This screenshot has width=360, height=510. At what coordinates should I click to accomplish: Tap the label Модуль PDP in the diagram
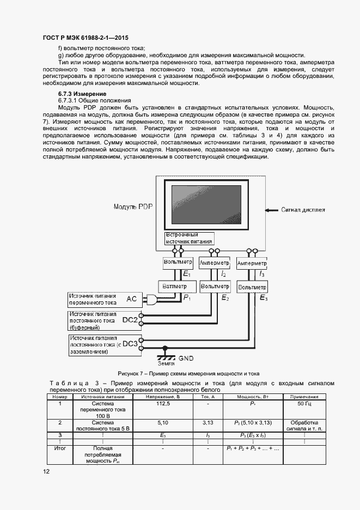click(134, 207)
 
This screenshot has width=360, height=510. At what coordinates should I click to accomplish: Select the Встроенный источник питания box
click(189, 238)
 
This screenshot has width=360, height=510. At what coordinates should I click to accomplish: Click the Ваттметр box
click(174, 286)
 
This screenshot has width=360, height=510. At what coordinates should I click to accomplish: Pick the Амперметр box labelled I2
click(214, 263)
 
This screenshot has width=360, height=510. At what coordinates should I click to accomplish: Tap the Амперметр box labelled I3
click(251, 263)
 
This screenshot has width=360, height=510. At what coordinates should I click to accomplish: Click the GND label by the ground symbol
click(186, 358)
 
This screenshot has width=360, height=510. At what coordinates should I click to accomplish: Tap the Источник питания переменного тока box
click(93, 299)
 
